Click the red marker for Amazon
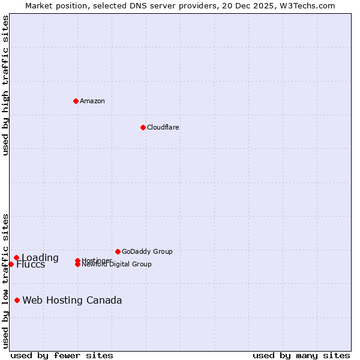tap(76, 101)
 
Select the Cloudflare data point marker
tap(143, 127)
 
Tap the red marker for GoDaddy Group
tap(118, 251)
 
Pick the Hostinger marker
tap(77, 260)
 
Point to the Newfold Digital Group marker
tap(77, 265)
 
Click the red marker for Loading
tap(16, 258)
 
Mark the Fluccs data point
tap(11, 265)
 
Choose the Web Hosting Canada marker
tap(17, 300)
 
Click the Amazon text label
tap(92, 101)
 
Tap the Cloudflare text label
tap(163, 127)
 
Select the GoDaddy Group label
tap(147, 251)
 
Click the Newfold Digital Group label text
tap(116, 265)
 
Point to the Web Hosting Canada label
tap(72, 300)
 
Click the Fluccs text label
tap(31, 265)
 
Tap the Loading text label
tap(40, 258)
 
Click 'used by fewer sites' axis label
tap(62, 355)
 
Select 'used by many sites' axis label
tap(301, 355)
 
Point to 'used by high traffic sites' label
tap(5, 85)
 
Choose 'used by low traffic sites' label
tap(5, 280)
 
